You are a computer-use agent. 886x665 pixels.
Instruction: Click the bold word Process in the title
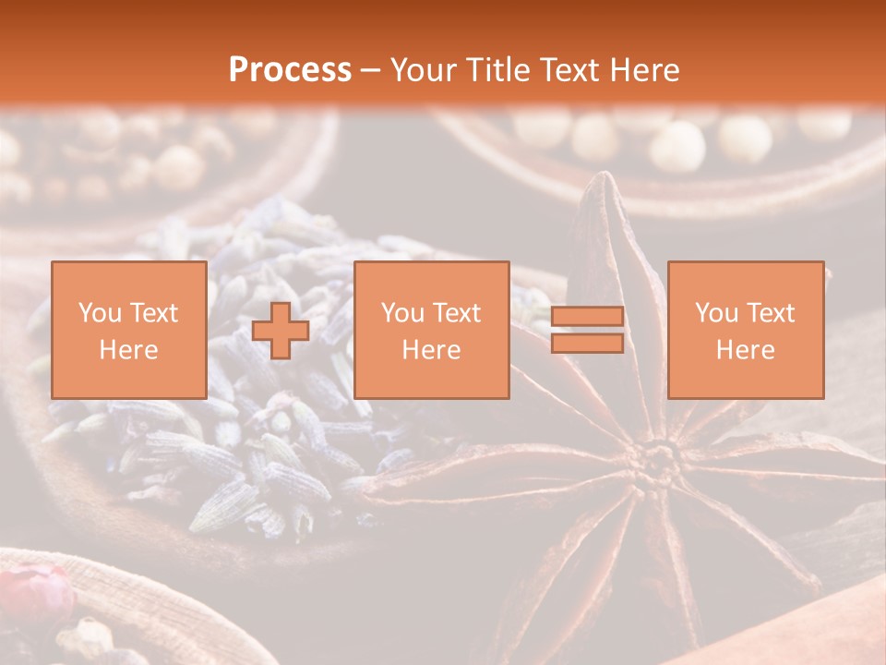[x=290, y=70]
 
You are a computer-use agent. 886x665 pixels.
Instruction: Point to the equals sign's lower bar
[x=587, y=344]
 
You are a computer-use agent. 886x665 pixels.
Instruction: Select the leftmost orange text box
[x=129, y=330]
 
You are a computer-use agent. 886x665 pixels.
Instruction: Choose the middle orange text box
[x=432, y=330]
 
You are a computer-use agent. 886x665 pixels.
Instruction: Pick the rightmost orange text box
[x=746, y=330]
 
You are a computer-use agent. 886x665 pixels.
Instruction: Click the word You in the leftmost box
[x=99, y=313]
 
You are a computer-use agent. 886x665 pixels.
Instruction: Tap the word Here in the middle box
[x=432, y=350]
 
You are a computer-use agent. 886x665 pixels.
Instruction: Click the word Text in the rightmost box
[x=772, y=313]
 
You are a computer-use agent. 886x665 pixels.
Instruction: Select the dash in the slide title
[x=371, y=70]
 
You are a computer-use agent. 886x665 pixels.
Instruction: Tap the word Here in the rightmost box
[x=746, y=350]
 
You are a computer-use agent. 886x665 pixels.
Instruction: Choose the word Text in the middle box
[x=458, y=313]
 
